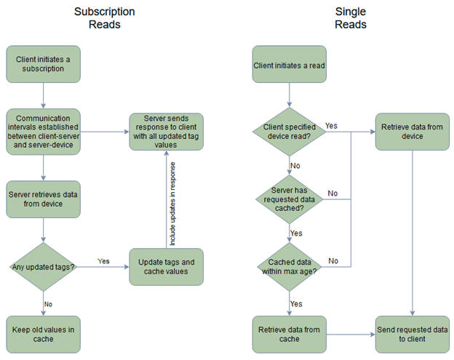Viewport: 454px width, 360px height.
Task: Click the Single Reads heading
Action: pos(350,18)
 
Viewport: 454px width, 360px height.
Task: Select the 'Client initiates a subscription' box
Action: pos(43,64)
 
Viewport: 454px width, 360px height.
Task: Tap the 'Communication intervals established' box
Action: pos(43,131)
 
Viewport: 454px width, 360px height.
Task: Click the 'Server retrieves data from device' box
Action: pos(43,199)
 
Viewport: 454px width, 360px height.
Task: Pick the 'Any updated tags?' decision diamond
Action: pos(43,267)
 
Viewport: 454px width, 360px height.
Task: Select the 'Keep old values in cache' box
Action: pos(43,334)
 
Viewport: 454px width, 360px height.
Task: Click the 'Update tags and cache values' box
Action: pos(166,267)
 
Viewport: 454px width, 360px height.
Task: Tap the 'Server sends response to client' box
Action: pos(166,132)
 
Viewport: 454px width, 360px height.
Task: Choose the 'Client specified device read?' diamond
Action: pos(289,131)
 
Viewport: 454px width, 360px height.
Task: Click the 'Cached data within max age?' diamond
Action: pos(289,266)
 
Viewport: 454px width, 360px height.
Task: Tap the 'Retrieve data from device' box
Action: pos(412,132)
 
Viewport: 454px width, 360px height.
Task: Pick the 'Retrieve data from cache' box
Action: pos(289,334)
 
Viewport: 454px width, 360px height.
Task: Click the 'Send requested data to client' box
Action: pos(412,334)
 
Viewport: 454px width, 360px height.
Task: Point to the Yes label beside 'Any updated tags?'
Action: pos(104,260)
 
